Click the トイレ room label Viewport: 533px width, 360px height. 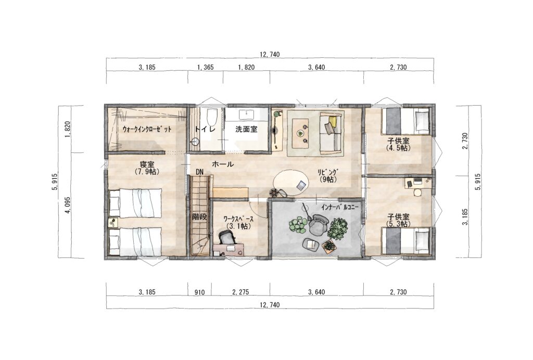[205, 130]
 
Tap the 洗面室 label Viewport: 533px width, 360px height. [246, 130]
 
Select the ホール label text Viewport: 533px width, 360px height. [223, 164]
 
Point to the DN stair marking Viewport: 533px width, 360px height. [199, 172]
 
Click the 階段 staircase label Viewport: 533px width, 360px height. [199, 217]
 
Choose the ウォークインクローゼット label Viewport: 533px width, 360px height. [147, 130]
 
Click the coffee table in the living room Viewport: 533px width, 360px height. [301, 133]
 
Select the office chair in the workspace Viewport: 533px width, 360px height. [227, 237]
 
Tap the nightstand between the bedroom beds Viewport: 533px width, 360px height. [113, 223]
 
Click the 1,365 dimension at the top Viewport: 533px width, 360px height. [205, 67]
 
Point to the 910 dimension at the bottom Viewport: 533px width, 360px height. [199, 292]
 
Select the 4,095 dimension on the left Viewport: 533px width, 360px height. [68, 205]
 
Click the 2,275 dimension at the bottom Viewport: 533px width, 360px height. [240, 292]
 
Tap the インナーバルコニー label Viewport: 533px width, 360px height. [340, 206]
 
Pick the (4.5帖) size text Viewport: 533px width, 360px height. [398, 148]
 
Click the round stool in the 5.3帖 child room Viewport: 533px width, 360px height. [417, 193]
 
